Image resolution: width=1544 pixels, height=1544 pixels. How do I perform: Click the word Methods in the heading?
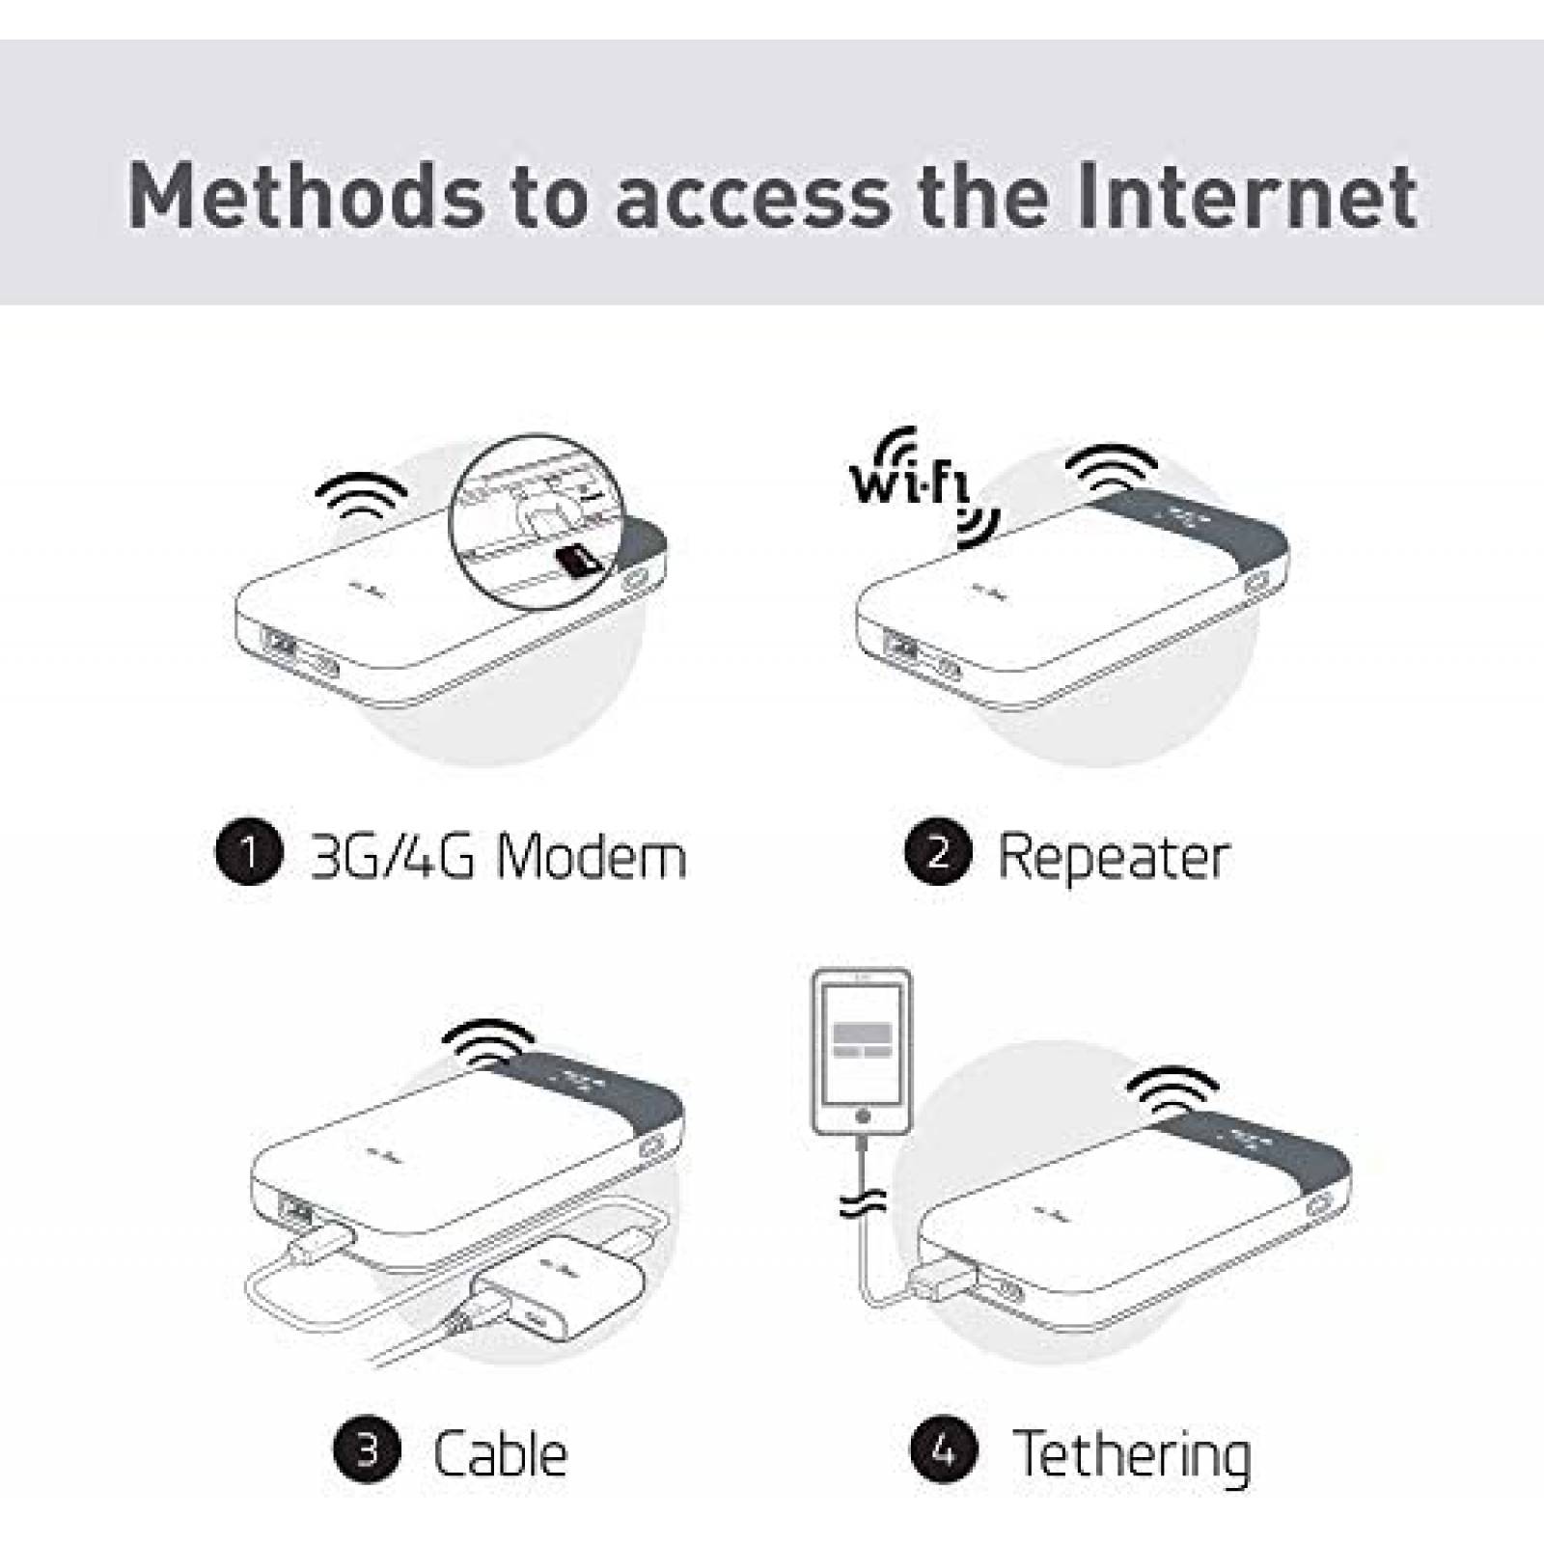tap(308, 196)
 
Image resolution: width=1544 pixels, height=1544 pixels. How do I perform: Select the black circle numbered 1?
tap(249, 852)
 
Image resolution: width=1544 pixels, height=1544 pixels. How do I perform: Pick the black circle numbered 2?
tap(938, 852)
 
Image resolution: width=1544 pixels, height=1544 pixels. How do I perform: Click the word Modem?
tap(591, 855)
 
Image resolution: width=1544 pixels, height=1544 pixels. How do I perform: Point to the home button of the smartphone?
tap(863, 1117)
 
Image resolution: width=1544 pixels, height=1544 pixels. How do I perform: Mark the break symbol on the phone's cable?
tap(862, 1202)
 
